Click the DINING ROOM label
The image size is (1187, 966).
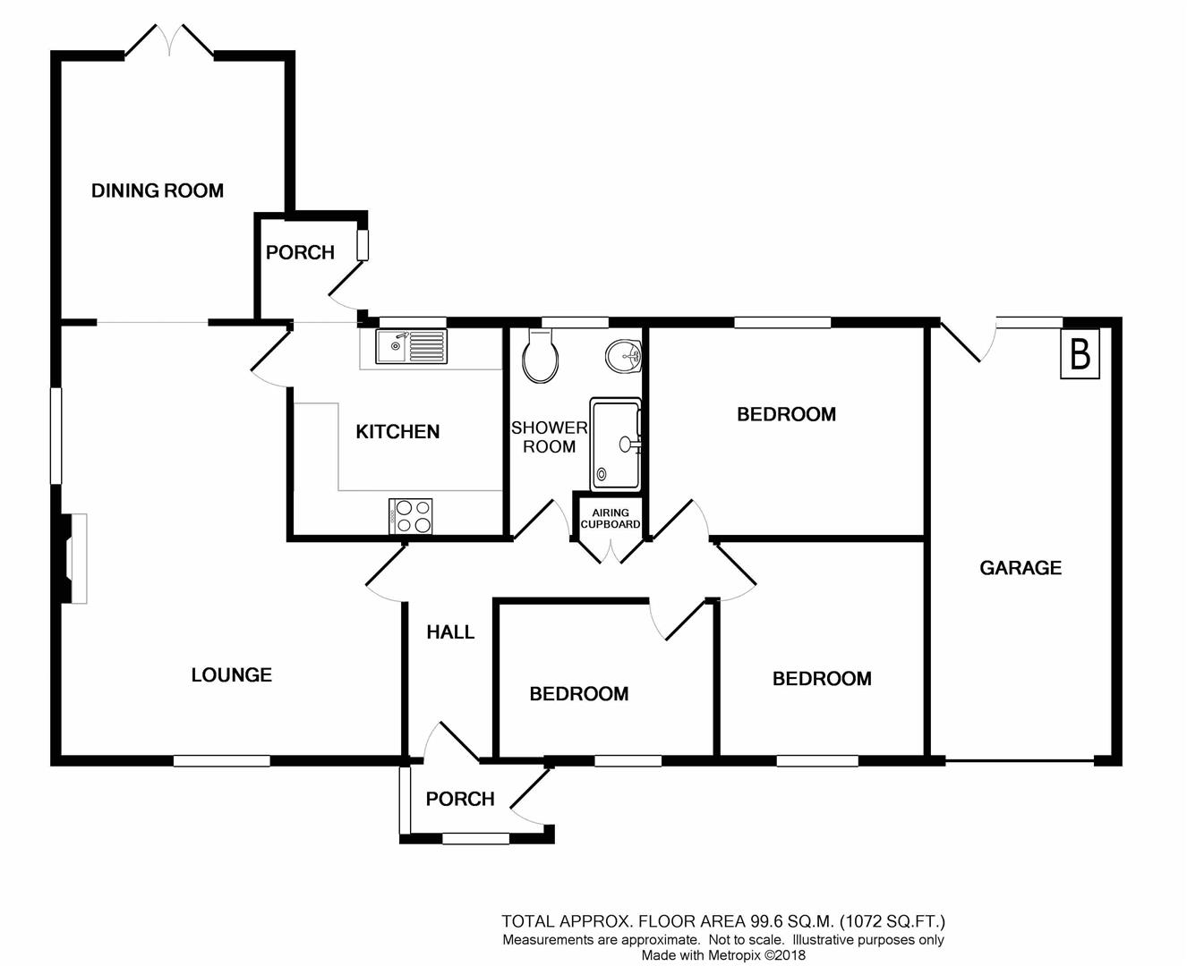(x=158, y=191)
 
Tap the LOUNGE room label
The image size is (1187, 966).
(x=231, y=675)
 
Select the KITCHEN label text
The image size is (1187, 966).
(x=397, y=432)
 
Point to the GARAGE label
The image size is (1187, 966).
(x=1020, y=568)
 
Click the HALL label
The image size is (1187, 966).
(x=450, y=632)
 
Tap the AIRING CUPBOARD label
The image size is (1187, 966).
(x=611, y=519)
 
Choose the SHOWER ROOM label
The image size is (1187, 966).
(x=549, y=437)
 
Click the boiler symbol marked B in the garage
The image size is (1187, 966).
(x=1080, y=354)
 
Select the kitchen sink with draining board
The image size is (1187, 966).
(x=411, y=346)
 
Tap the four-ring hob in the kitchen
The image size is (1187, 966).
(x=411, y=517)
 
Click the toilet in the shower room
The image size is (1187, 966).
(x=541, y=356)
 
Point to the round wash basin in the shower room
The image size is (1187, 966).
(x=624, y=357)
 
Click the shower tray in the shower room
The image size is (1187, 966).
(x=616, y=445)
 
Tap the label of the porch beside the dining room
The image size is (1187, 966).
(x=300, y=253)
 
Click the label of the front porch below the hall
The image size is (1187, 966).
(x=460, y=799)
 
